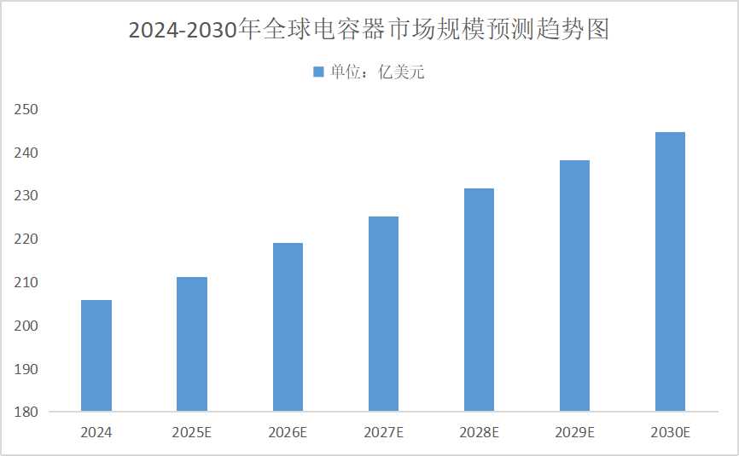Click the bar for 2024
96,355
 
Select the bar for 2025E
191,344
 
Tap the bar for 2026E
287,327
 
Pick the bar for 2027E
382,314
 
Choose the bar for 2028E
478,300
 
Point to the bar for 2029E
573,286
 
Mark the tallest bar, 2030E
670,272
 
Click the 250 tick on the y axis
27,109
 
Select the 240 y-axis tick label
27,153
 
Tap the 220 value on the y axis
27,240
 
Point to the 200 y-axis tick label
27,326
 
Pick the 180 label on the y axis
27,413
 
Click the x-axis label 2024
96,433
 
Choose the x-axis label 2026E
287,433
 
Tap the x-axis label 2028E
478,433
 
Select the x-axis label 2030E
670,433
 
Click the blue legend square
318,72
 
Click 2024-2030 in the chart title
183,31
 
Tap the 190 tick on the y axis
27,369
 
